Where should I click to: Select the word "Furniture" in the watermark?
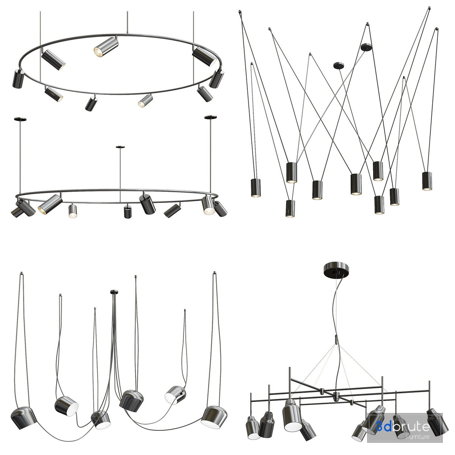click(417, 436)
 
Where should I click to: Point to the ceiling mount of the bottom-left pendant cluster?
click(115, 292)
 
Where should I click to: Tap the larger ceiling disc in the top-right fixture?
click(366, 47)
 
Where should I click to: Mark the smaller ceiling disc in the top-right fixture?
click(339, 65)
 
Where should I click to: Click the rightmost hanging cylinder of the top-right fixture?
click(427, 181)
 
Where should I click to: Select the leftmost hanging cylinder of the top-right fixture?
click(256, 188)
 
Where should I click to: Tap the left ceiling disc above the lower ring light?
click(20, 119)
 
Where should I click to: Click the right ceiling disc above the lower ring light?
click(210, 117)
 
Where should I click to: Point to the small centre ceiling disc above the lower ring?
click(120, 147)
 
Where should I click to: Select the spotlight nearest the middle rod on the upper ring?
click(106, 47)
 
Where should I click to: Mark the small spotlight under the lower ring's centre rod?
click(128, 212)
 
